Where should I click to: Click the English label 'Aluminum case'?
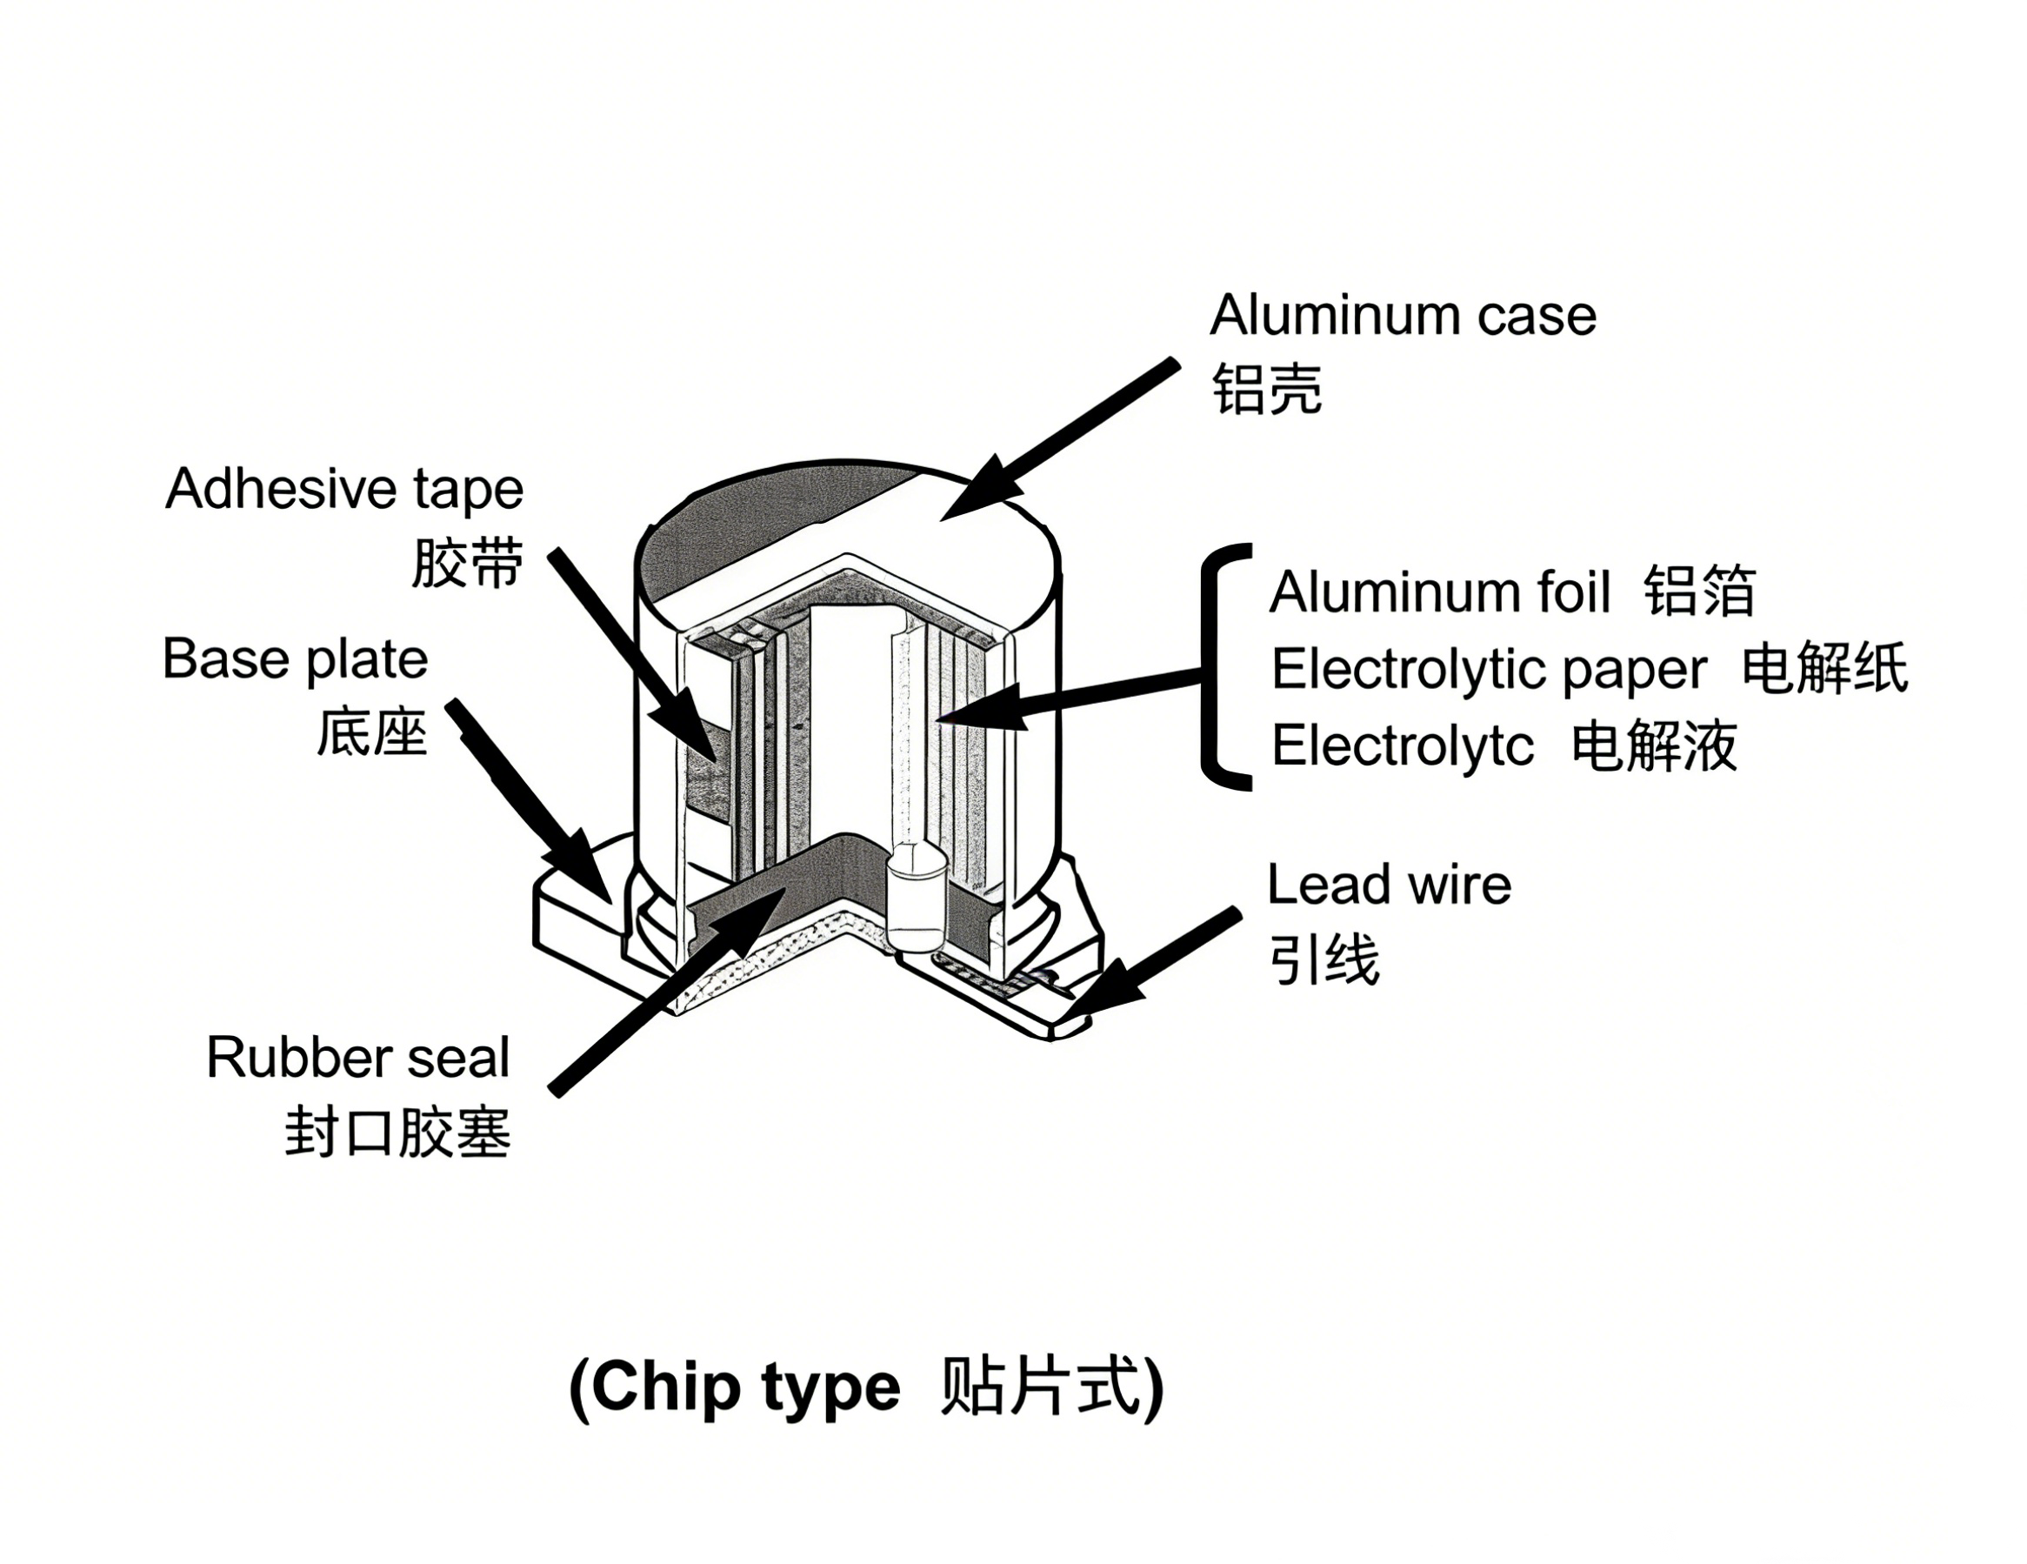pos(1403,316)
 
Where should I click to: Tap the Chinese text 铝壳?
pos(1267,388)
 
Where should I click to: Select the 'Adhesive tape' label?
pos(344,489)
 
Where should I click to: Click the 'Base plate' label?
pos(295,660)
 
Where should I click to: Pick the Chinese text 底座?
pos(371,732)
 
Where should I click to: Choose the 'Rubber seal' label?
pos(357,1057)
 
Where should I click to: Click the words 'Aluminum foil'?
pos(1439,592)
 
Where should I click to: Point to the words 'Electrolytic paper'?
pos(1489,669)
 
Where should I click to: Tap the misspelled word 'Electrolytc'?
pos(1403,745)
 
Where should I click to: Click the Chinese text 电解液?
pos(1654,745)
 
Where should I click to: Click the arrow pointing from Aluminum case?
pos(1067,439)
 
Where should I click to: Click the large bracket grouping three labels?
pos(1216,667)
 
